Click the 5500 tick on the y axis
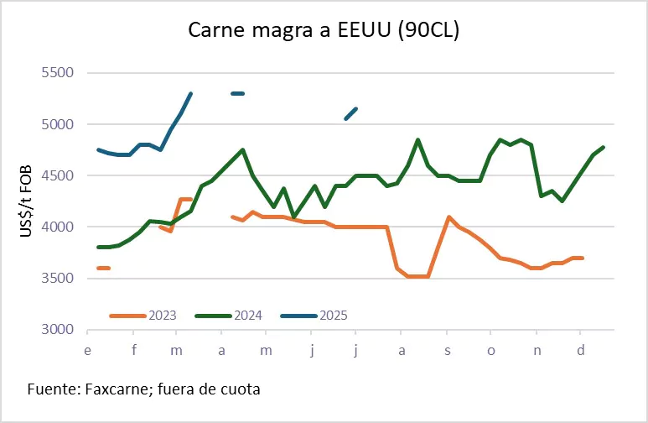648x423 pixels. point(58,73)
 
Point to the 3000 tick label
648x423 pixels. point(58,330)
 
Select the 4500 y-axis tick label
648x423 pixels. point(58,176)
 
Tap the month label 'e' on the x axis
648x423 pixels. point(88,350)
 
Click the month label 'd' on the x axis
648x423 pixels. point(581,350)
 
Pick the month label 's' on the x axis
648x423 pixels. point(447,350)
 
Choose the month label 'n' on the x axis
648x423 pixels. point(537,350)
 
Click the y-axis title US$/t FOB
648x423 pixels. point(26,201)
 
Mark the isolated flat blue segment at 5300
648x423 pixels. point(237,93)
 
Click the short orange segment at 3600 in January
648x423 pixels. point(104,268)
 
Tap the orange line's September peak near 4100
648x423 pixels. point(449,217)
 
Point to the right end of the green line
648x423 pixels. point(604,148)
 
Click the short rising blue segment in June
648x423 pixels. point(351,113)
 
